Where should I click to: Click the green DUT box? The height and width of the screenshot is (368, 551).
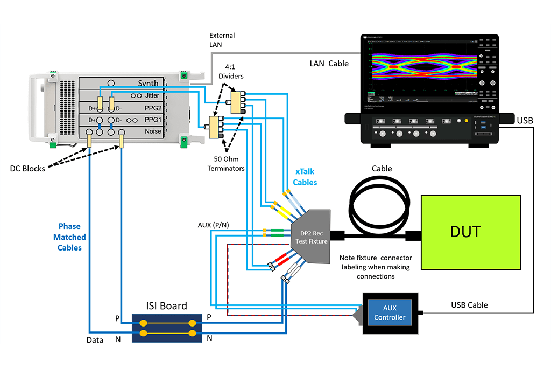point(471,232)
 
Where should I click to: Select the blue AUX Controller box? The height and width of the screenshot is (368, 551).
point(390,313)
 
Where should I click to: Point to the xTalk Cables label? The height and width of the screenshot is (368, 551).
point(305,177)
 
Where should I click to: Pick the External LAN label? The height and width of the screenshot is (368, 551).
point(222,40)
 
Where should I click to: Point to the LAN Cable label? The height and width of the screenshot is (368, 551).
point(329,64)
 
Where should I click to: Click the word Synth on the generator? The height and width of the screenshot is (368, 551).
point(148,83)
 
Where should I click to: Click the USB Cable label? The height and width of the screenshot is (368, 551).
point(469,305)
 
